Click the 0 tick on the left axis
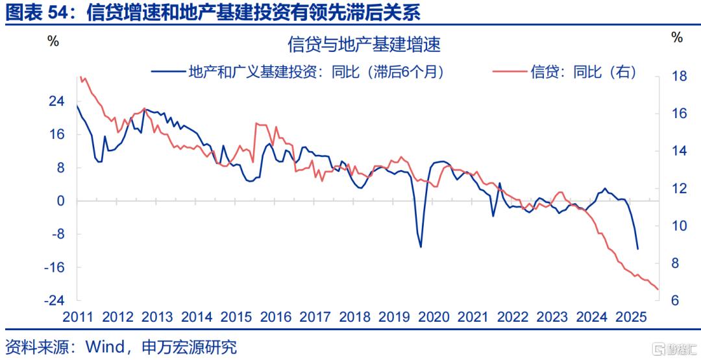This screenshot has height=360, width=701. click(61, 201)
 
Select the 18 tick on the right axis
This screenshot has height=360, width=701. click(677, 77)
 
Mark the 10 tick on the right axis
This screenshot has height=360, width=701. click(677, 226)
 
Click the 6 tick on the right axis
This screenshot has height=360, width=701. click(674, 300)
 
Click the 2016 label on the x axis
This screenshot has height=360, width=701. click(275, 317)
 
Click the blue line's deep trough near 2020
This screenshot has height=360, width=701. click(421, 246)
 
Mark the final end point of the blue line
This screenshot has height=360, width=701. click(637, 248)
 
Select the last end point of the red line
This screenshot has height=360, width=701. click(658, 289)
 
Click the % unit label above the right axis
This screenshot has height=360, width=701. click(677, 38)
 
